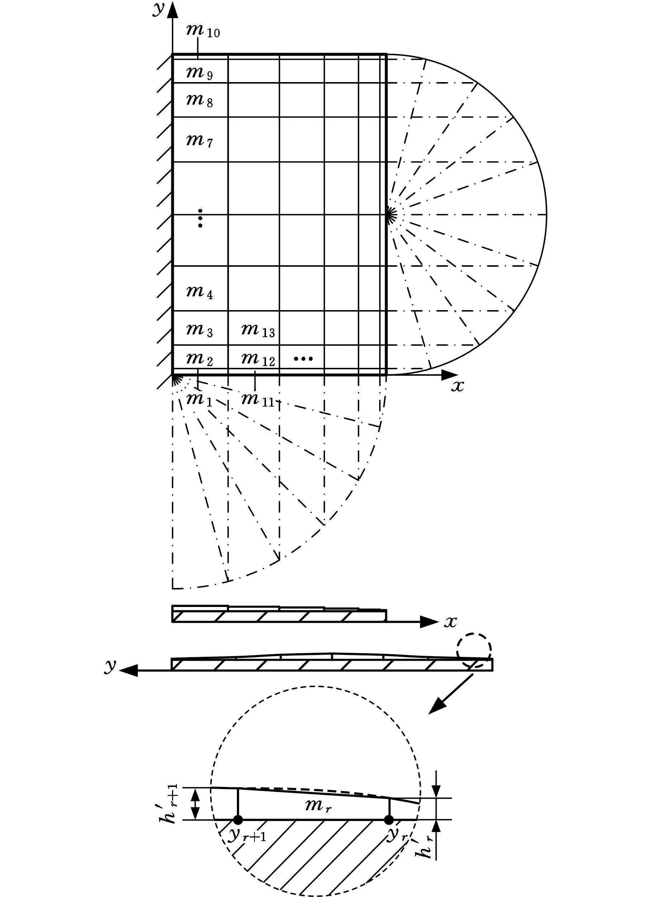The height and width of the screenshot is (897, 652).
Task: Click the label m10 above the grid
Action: pyautogui.click(x=203, y=30)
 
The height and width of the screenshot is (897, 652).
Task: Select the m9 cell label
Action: pyautogui.click(x=200, y=73)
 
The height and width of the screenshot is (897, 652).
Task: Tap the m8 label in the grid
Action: pyautogui.click(x=200, y=100)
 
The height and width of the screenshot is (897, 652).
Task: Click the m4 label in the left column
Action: pyautogui.click(x=200, y=292)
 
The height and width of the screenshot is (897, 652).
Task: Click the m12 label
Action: pyautogui.click(x=258, y=359)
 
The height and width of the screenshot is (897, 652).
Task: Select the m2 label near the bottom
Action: pyautogui.click(x=200, y=359)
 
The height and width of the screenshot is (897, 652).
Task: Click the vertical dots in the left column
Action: pyautogui.click(x=200, y=218)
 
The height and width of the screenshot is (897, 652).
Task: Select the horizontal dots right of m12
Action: pyautogui.click(x=303, y=359)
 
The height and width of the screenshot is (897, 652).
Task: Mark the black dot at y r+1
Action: pyautogui.click(x=238, y=820)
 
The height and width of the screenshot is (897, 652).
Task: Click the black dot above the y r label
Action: pyautogui.click(x=389, y=820)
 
